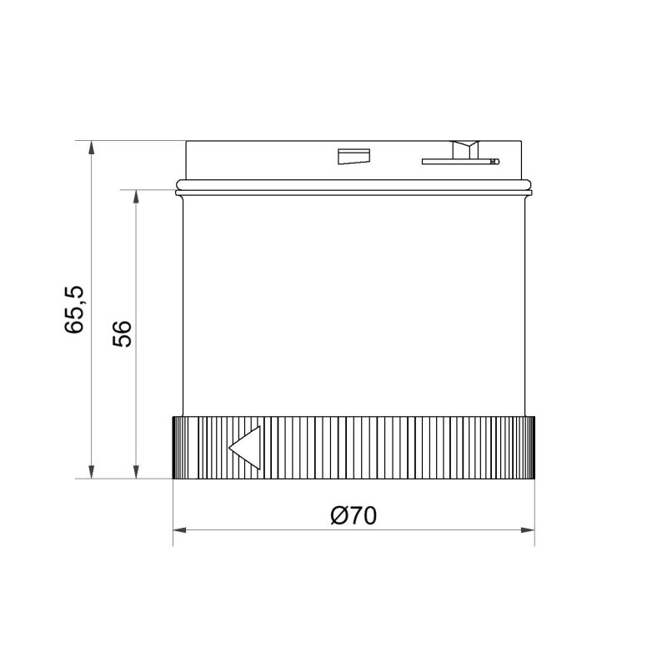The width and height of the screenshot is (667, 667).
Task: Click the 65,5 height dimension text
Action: [74, 309]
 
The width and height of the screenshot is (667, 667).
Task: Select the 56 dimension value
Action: [122, 333]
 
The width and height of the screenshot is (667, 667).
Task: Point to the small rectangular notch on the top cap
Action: [353, 157]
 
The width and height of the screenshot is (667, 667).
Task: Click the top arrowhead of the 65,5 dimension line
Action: [92, 147]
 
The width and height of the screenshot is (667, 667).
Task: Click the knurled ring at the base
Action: [375, 448]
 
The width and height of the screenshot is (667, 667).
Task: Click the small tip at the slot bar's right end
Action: [494, 160]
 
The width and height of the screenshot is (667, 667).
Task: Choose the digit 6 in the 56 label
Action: [122, 327]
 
